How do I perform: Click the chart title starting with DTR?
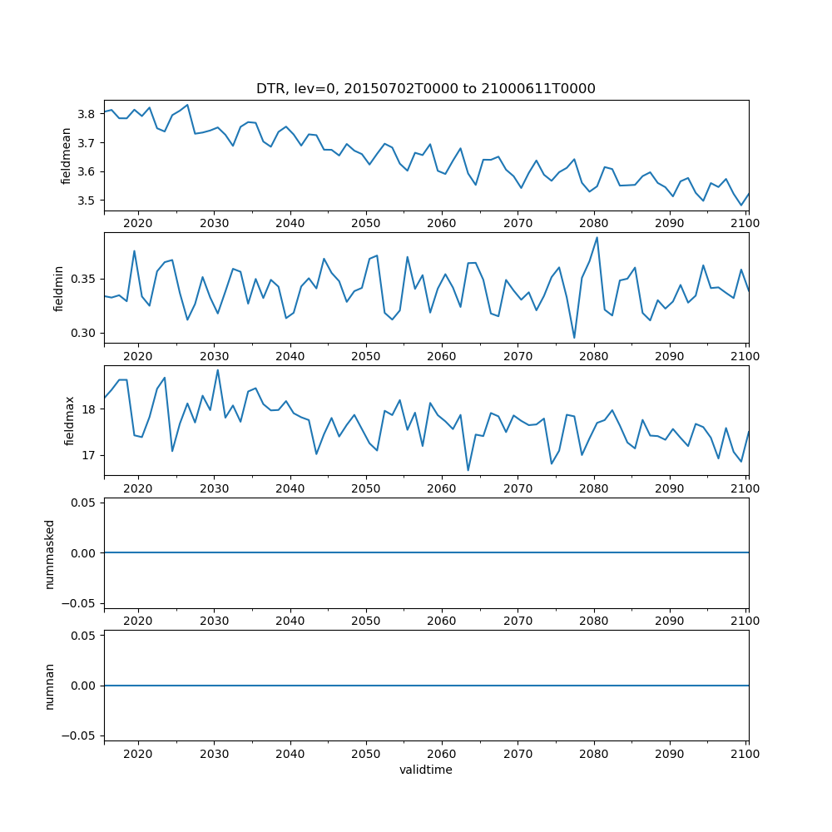(425, 89)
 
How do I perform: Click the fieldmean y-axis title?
(66, 156)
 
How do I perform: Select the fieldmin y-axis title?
(59, 288)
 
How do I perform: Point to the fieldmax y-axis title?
(69, 420)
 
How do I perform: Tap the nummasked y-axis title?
(49, 553)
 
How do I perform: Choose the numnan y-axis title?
(49, 686)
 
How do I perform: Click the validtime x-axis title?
(425, 770)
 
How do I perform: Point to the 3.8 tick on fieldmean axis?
(85, 114)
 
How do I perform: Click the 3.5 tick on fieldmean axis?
(85, 201)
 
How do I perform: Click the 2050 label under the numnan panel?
(365, 754)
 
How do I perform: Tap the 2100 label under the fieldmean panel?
(745, 224)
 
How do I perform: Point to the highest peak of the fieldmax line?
(218, 370)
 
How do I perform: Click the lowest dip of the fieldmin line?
(574, 337)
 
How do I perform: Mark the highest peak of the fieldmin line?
(597, 238)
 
